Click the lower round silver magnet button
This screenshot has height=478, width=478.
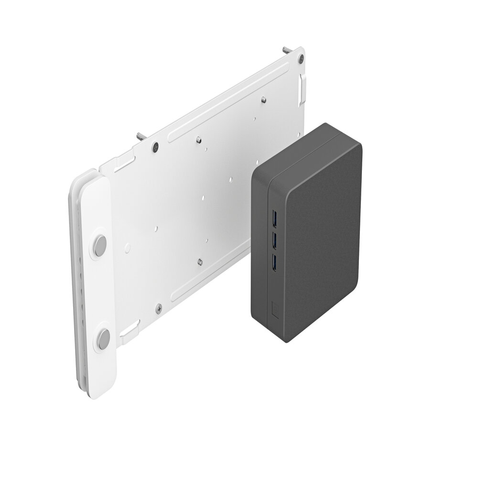tap(103, 340)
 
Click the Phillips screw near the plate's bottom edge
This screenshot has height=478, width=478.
tap(159, 308)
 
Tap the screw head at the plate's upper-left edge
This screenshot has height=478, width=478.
tap(155, 147)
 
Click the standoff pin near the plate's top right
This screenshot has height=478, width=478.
tap(263, 100)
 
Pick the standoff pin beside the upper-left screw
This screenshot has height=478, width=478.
tap(198, 140)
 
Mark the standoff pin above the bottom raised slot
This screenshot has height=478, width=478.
tap(198, 261)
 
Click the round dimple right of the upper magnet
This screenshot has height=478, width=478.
tap(127, 248)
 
